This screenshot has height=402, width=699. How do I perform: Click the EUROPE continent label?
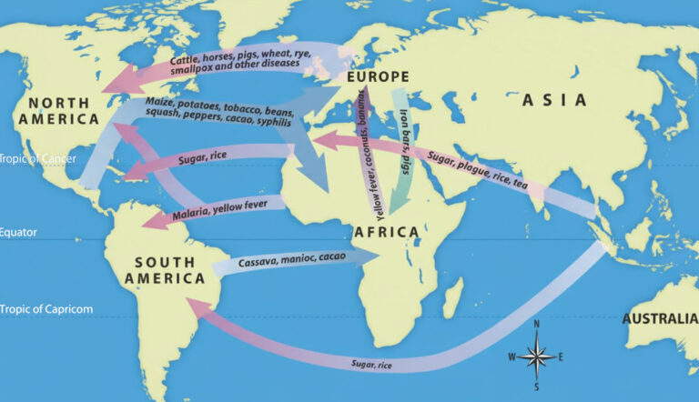tap(378, 77)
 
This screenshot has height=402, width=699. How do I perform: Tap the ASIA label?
tap(554, 101)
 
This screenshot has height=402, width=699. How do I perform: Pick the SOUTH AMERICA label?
tap(165, 270)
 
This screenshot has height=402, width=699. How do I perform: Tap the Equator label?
tap(18, 232)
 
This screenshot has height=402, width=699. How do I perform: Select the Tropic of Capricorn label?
tap(46, 309)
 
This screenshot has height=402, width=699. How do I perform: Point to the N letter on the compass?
tap(536, 325)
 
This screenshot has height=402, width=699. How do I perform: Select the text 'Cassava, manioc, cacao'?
tap(284, 262)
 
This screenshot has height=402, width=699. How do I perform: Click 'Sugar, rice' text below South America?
tap(374, 365)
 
